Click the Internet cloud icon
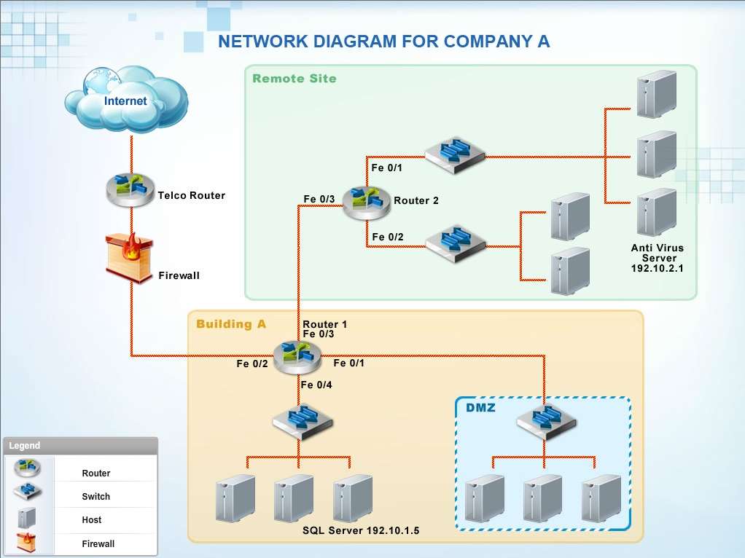click(x=126, y=99)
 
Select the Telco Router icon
click(x=130, y=190)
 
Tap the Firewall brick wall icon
click(x=129, y=257)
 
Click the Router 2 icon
click(x=367, y=203)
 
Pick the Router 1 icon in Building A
click(x=297, y=357)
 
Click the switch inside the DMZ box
click(x=546, y=421)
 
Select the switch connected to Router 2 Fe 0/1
click(x=455, y=155)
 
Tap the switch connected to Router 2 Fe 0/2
click(x=455, y=243)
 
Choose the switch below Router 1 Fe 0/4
click(x=303, y=421)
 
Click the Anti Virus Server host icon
click(x=657, y=212)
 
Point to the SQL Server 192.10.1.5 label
click(x=361, y=530)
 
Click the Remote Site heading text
click(x=294, y=79)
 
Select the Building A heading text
click(x=231, y=324)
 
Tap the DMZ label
click(x=480, y=407)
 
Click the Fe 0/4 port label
click(x=316, y=385)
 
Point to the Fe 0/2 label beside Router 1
click(x=252, y=364)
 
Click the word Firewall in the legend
click(x=98, y=543)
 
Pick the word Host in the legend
click(x=92, y=519)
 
